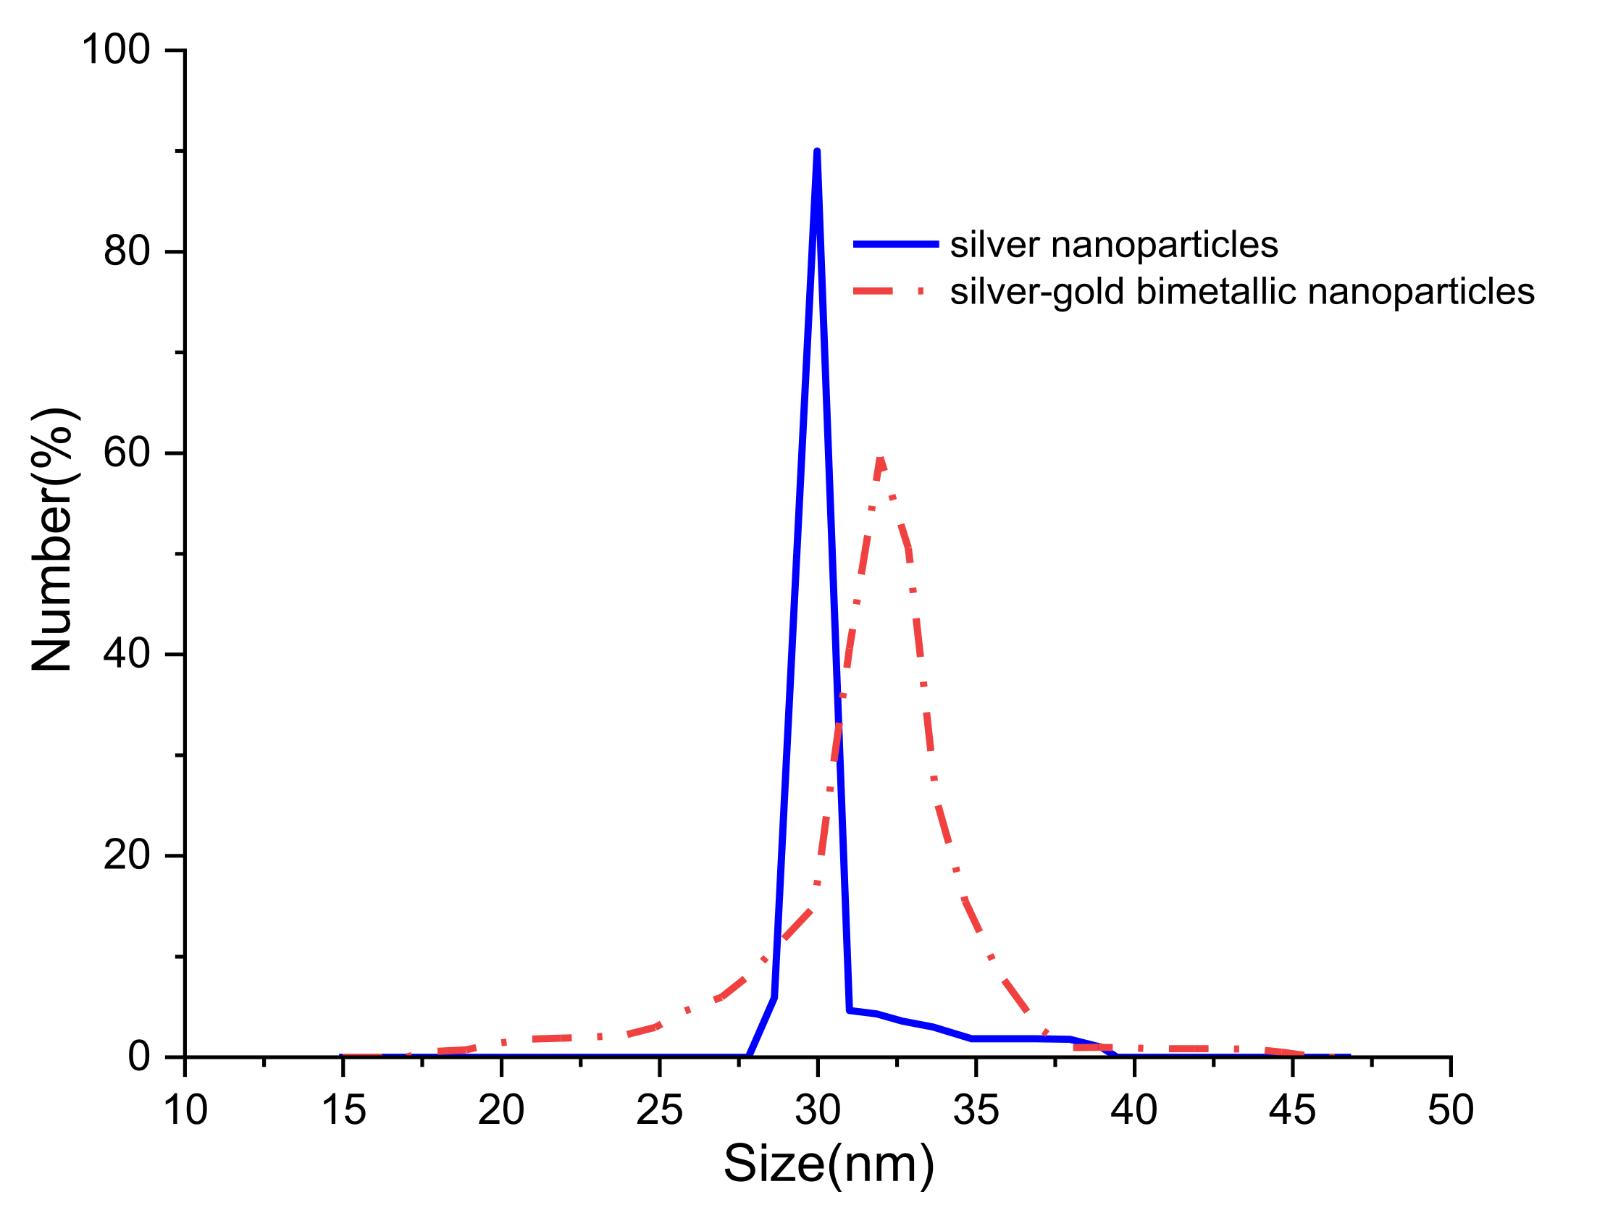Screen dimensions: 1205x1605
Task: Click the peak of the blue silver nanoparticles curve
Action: pyautogui.click(x=817, y=153)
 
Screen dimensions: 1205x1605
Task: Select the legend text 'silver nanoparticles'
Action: pyautogui.click(x=1114, y=245)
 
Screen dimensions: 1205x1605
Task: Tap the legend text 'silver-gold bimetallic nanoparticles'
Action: pyautogui.click(x=1241, y=292)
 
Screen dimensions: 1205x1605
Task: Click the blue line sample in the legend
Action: pyautogui.click(x=895, y=245)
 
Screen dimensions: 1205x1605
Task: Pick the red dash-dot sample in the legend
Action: pyautogui.click(x=889, y=292)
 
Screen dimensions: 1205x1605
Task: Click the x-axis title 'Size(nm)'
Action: pyautogui.click(x=829, y=1163)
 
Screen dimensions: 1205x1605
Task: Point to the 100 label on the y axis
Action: pyautogui.click(x=115, y=50)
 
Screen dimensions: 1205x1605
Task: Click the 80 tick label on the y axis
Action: pyautogui.click(x=126, y=252)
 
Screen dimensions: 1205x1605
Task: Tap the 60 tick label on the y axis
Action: pyautogui.click(x=126, y=453)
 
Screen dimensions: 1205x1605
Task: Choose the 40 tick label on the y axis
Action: pyautogui.click(x=126, y=654)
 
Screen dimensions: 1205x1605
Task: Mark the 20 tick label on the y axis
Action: pyautogui.click(x=126, y=855)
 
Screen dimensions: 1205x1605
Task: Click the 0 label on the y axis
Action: pyautogui.click(x=138, y=1057)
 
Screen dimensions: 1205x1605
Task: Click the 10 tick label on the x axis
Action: pyautogui.click(x=185, y=1110)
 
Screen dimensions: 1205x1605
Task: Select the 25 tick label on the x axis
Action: pyautogui.click(x=659, y=1110)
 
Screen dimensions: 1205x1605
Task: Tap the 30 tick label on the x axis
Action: pyautogui.click(x=817, y=1110)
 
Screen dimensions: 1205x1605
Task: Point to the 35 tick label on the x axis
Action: pyautogui.click(x=975, y=1110)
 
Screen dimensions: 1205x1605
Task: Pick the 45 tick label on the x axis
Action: pyautogui.click(x=1291, y=1110)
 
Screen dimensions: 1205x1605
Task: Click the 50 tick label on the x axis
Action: pyautogui.click(x=1450, y=1110)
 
